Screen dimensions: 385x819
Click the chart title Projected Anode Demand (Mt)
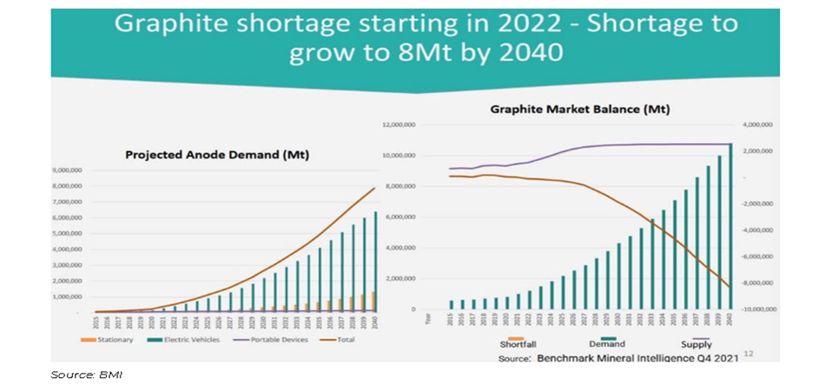click(x=217, y=155)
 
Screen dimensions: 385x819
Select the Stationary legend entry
click(x=112, y=339)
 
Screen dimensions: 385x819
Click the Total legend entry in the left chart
click(x=343, y=339)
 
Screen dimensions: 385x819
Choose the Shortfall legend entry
click(x=518, y=344)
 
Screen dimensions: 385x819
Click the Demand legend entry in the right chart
click(x=606, y=344)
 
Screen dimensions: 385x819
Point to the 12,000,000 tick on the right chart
click(x=400, y=126)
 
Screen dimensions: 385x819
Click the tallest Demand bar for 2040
click(x=730, y=226)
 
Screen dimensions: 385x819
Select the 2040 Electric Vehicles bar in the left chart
click(x=374, y=261)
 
